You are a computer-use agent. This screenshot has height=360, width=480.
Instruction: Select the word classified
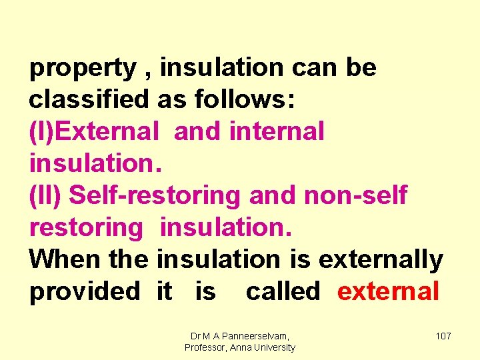[x=89, y=100]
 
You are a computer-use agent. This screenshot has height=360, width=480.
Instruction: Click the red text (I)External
[x=94, y=131]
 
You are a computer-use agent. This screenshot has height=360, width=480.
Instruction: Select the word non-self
[x=355, y=195]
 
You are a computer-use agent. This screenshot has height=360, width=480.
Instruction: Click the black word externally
[x=381, y=259]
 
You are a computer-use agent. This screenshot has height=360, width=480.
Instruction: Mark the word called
[x=283, y=291]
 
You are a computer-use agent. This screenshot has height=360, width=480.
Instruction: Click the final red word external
[x=388, y=291]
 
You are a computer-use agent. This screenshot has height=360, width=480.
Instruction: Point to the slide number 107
[x=443, y=336]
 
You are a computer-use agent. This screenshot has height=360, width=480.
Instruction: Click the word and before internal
[x=197, y=131]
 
